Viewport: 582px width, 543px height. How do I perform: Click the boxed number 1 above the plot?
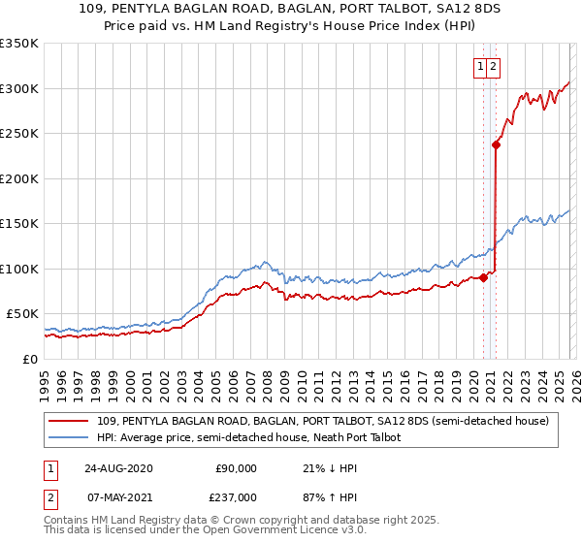click(481, 67)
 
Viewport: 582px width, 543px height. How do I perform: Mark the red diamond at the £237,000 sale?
click(496, 145)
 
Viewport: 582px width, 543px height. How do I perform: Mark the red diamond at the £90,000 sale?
click(484, 278)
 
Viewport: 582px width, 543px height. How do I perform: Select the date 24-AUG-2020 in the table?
click(117, 468)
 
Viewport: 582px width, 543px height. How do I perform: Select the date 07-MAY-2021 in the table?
click(117, 496)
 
